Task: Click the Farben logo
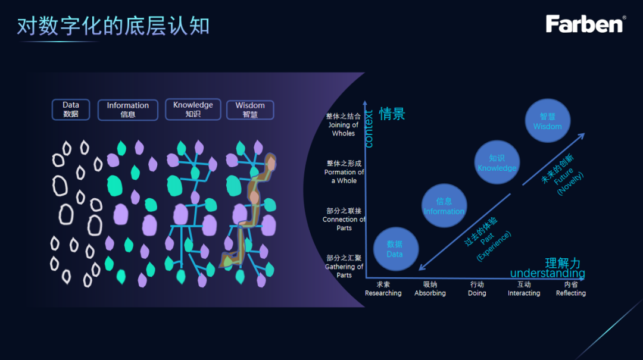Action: coord(585,24)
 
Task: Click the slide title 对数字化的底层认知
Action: coord(113,26)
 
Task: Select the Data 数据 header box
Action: coord(71,109)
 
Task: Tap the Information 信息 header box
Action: coord(128,109)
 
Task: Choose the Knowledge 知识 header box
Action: coord(193,109)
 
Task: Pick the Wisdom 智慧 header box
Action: coord(250,109)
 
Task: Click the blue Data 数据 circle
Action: coord(395,249)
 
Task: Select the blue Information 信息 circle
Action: coord(444,206)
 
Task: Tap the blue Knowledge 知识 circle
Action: coord(497,162)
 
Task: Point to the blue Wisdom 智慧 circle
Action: coord(548,121)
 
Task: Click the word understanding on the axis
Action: coord(548,274)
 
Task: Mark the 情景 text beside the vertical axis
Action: coord(392,114)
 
